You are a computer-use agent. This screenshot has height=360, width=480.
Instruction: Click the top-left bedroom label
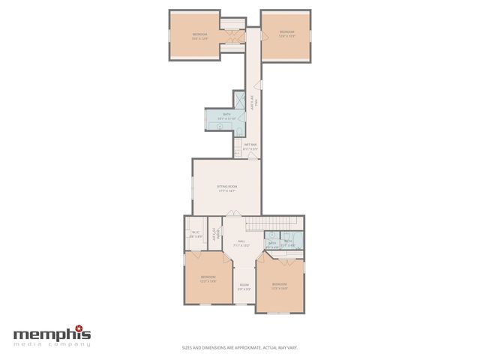[199, 35]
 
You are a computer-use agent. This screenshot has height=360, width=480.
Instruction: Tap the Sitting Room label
[226, 188]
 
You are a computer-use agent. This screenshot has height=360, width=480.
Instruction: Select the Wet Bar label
[250, 146]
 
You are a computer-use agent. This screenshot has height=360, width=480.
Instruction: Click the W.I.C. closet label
[195, 233]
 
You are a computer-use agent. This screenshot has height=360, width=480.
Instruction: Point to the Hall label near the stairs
[241, 243]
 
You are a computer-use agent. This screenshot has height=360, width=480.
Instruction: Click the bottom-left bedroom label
[208, 280]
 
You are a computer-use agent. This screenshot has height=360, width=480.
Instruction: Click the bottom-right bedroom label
[279, 285]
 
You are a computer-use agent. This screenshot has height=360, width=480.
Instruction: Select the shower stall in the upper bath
[240, 100]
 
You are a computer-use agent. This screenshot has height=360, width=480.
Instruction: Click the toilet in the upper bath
[219, 126]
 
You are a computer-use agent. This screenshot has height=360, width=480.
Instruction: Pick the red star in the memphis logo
[87, 328]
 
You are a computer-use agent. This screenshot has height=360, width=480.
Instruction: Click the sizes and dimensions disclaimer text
[239, 347]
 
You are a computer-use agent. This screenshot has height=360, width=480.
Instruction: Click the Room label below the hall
[244, 286]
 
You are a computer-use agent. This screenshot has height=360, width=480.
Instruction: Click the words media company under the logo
[52, 343]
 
